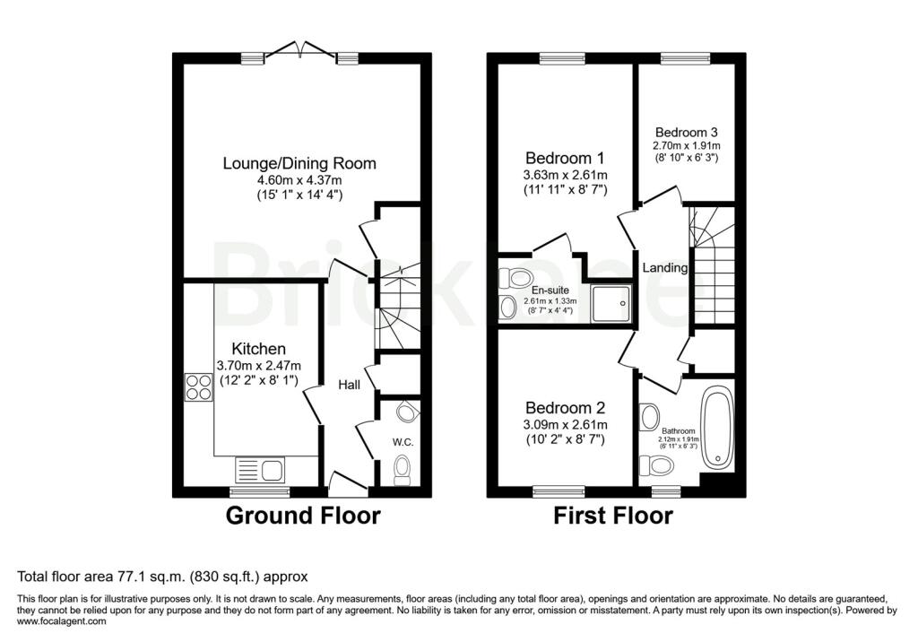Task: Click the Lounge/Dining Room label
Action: [x=299, y=163]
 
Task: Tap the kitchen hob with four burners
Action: [x=198, y=387]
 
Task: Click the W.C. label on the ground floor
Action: [x=403, y=442]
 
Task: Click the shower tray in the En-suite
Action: [x=611, y=303]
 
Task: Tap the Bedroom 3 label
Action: [x=686, y=133]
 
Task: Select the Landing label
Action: [x=664, y=268]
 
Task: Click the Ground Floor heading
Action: [x=303, y=516]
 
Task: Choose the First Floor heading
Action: [x=613, y=516]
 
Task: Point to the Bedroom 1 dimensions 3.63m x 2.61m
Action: [x=565, y=175]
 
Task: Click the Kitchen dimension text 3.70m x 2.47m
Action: [x=259, y=366]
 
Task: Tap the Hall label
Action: [x=349, y=385]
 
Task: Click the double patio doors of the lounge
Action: [x=300, y=50]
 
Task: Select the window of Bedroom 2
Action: [x=559, y=491]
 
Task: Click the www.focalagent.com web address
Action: [x=62, y=620]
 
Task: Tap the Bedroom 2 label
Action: [x=565, y=408]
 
